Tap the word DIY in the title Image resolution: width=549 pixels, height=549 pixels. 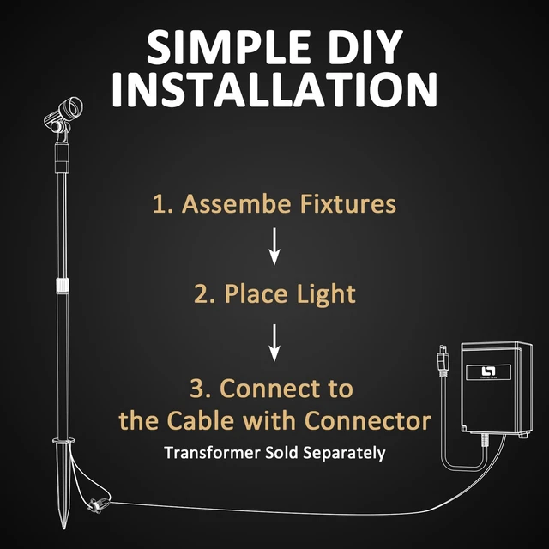point(365,46)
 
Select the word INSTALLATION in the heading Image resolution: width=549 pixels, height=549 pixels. point(274,89)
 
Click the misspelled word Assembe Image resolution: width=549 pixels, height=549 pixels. point(237,203)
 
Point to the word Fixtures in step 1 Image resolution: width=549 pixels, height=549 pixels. point(348,203)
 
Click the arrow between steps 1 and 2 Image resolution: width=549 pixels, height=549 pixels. point(274,246)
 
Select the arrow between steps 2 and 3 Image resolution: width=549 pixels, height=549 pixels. point(274,342)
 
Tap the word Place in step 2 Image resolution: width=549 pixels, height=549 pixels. point(256,293)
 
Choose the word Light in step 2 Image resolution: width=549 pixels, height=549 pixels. point(326,294)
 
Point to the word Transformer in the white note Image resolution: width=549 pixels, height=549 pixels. point(213,453)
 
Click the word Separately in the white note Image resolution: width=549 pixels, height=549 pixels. point(344,454)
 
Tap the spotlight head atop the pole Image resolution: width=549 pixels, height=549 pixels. point(64,115)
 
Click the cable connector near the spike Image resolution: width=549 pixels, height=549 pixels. point(94,505)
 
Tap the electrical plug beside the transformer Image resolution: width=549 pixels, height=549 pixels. point(443,360)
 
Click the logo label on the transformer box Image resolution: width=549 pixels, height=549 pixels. point(488,371)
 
